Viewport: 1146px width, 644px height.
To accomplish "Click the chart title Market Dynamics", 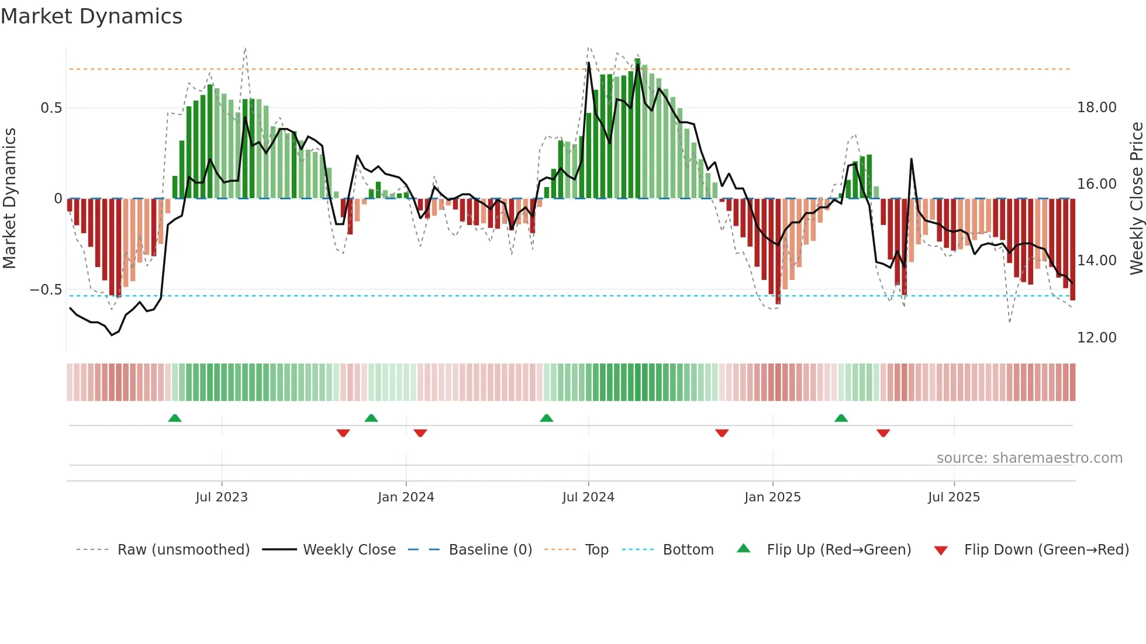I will click(92, 16).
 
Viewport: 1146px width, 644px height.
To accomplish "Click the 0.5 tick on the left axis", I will click(51, 108).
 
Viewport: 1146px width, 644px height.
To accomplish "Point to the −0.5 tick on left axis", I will click(46, 290).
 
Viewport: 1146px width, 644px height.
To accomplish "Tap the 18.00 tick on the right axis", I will click(1096, 108).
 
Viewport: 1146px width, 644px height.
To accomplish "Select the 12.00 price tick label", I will click(1096, 338).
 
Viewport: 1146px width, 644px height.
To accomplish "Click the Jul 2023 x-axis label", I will click(222, 497).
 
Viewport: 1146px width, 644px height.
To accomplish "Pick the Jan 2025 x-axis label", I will click(772, 497).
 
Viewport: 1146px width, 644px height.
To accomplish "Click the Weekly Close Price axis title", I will click(1136, 199).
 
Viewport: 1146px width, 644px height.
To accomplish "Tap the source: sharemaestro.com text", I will click(1029, 458).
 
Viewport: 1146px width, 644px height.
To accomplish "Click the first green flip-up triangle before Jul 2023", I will click(175, 418).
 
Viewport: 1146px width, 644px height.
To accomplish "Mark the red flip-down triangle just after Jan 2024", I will click(420, 433).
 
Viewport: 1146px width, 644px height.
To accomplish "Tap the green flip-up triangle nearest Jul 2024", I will click(547, 418).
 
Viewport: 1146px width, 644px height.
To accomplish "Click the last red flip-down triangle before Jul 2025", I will click(883, 433).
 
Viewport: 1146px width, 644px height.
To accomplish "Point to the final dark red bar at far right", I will click(1072, 251).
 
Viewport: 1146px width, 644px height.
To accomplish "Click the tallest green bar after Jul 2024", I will click(637, 129).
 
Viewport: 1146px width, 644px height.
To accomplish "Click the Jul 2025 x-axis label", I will click(954, 497).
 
